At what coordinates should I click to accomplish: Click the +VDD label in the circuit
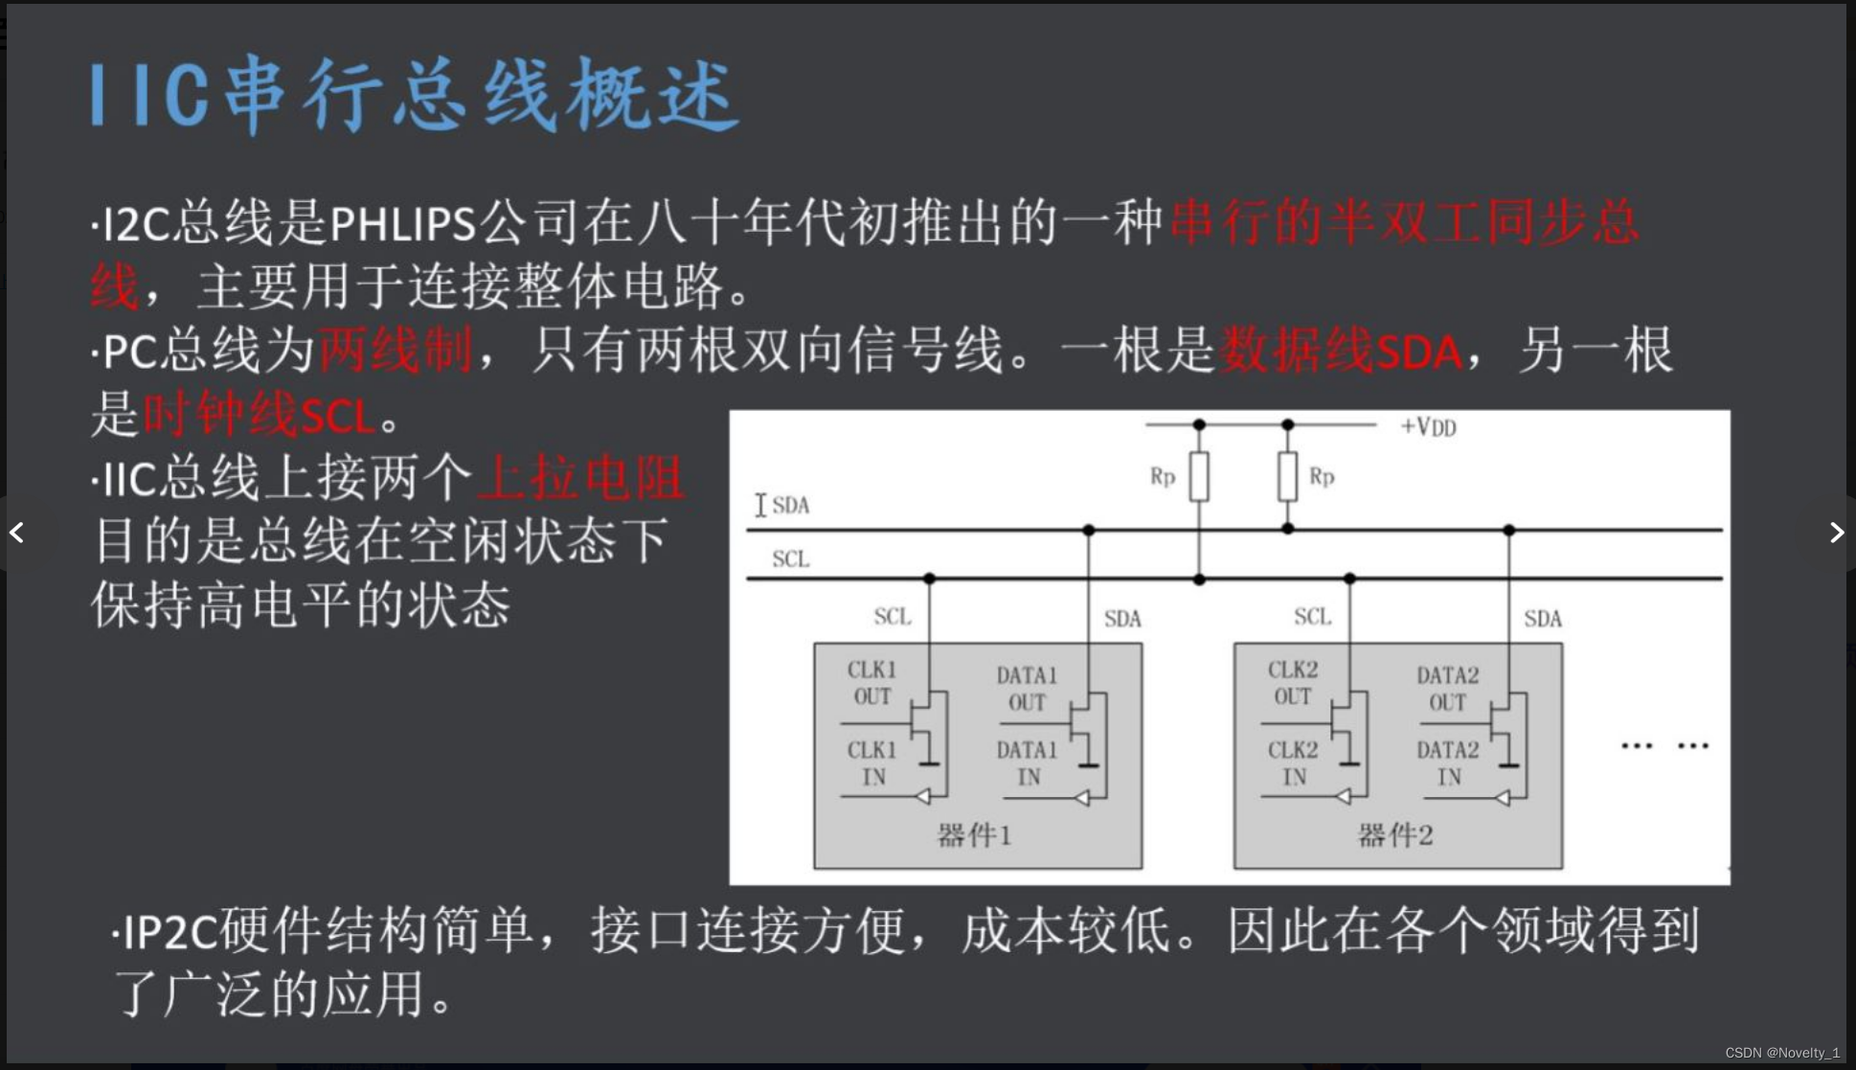coord(1428,427)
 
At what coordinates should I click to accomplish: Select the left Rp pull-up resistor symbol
coord(1199,476)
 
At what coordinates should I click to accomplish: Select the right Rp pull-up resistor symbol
coord(1287,476)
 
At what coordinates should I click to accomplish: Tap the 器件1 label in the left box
coord(974,835)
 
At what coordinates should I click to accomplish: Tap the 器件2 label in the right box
coord(1395,835)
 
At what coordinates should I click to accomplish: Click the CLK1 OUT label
coord(871,683)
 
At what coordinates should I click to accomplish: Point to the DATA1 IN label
coord(1027,763)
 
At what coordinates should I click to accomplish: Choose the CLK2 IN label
coord(1293,763)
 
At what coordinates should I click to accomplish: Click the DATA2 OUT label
coord(1447,689)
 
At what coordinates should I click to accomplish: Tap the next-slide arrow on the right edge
coord(1836,533)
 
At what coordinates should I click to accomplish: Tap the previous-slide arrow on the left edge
coord(17,533)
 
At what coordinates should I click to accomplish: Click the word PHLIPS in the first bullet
coord(402,224)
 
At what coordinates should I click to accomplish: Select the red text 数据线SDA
coord(1341,351)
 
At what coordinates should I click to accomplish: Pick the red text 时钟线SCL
coord(259,416)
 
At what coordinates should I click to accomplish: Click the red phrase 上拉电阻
coord(581,477)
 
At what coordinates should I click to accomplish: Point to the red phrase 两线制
coord(395,351)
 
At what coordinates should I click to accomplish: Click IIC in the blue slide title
coord(149,96)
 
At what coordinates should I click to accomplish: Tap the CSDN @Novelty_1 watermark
coord(1782,1053)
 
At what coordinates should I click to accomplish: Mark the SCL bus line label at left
coord(790,558)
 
